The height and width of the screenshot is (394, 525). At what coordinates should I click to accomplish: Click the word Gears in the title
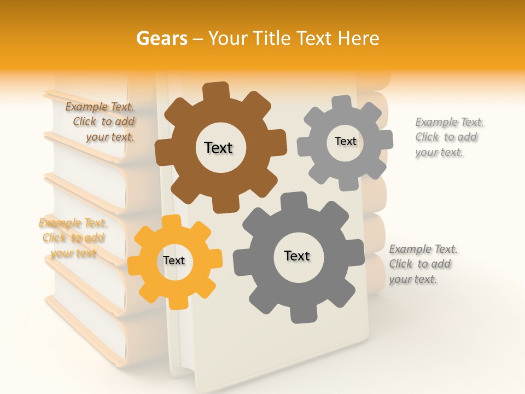pos(161,38)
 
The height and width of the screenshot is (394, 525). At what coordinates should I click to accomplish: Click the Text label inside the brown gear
pos(218,148)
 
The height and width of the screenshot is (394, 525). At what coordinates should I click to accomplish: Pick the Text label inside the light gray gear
pos(345,141)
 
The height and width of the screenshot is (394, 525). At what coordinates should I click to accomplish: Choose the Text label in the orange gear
pos(174,261)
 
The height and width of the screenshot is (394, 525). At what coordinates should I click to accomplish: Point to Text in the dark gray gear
pos(297,256)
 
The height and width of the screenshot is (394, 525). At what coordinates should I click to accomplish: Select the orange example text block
pos(73,238)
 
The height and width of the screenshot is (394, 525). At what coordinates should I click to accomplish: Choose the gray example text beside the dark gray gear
pos(423,264)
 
